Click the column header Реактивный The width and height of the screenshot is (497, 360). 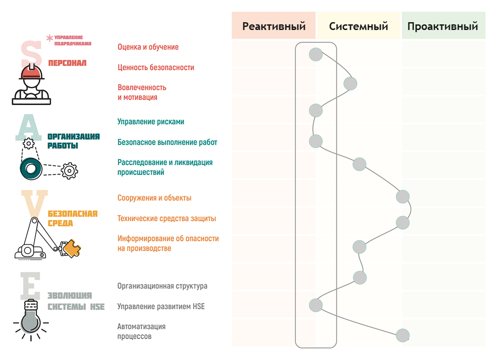[274, 26]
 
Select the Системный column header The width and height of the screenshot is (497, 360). [358, 26]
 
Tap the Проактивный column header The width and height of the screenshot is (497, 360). [443, 26]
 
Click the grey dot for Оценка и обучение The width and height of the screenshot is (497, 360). [315, 54]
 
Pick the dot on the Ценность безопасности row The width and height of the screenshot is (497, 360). [350, 84]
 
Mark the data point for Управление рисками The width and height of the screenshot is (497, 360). [315, 110]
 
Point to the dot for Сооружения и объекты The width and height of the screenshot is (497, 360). [403, 196]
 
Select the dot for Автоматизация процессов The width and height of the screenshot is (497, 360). [403, 335]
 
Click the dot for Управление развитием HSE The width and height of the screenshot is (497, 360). [315, 305]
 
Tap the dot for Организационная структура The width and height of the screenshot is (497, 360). [360, 277]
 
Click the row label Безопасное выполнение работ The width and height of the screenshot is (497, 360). [167, 142]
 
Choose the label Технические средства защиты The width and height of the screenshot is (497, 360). [166, 219]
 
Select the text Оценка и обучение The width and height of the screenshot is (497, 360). [148, 47]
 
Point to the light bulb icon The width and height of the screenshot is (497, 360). [31, 320]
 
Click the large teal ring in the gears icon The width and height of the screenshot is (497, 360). [31, 169]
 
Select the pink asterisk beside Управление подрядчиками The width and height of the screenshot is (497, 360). [50, 38]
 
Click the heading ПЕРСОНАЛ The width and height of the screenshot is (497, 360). [67, 63]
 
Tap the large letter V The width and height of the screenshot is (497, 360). [34, 202]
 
